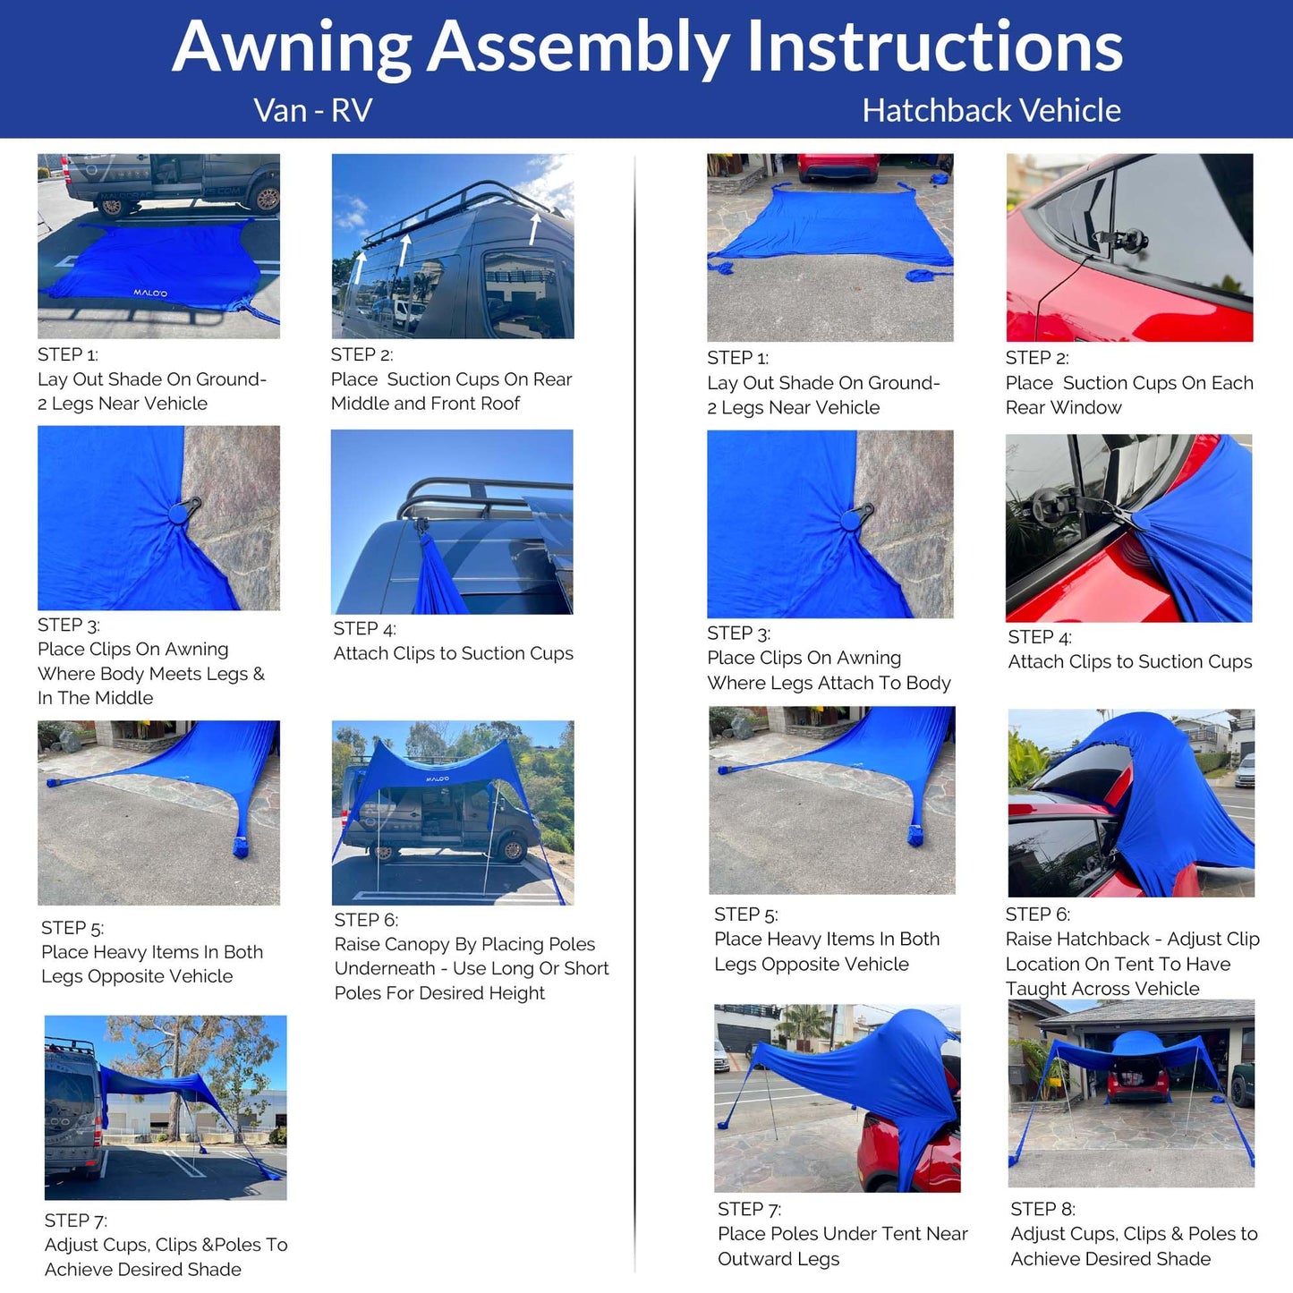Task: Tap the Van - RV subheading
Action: pyautogui.click(x=312, y=111)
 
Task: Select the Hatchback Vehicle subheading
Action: pyautogui.click(x=991, y=111)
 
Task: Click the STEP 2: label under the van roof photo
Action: pyautogui.click(x=362, y=354)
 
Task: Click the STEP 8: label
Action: pyautogui.click(x=1042, y=1209)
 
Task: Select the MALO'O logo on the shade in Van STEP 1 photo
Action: pyautogui.click(x=150, y=293)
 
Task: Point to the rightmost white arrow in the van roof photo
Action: pyautogui.click(x=534, y=228)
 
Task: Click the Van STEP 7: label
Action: pyautogui.click(x=76, y=1221)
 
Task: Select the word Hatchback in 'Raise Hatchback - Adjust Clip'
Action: pyautogui.click(x=1077, y=940)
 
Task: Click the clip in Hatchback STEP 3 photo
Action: pyautogui.click(x=858, y=517)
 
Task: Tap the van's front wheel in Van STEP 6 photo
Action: pyautogui.click(x=514, y=848)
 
